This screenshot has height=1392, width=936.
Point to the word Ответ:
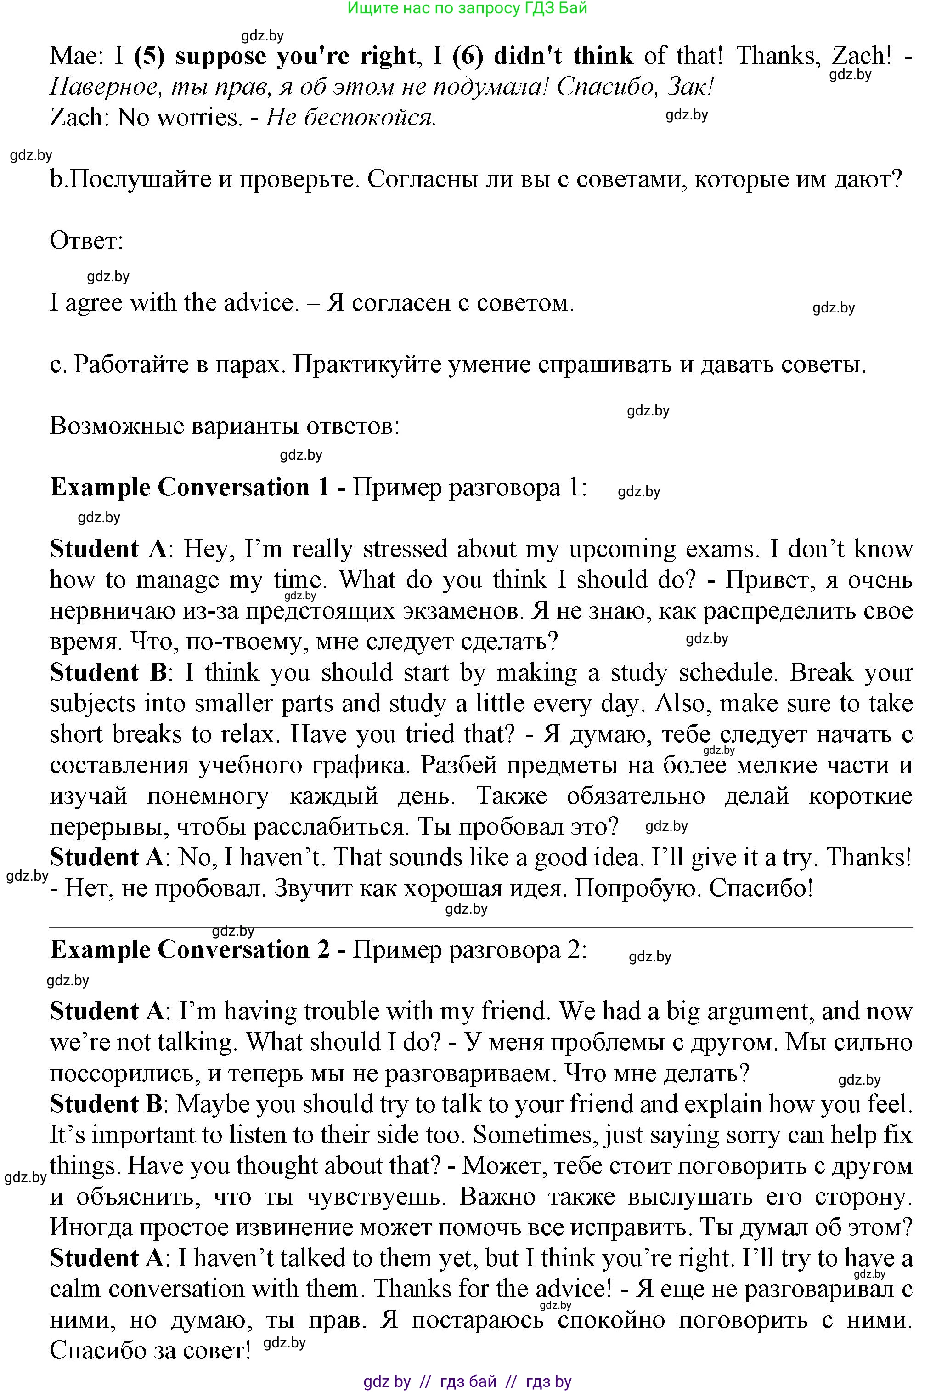tap(86, 241)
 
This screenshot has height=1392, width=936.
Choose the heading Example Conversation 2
tap(189, 949)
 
